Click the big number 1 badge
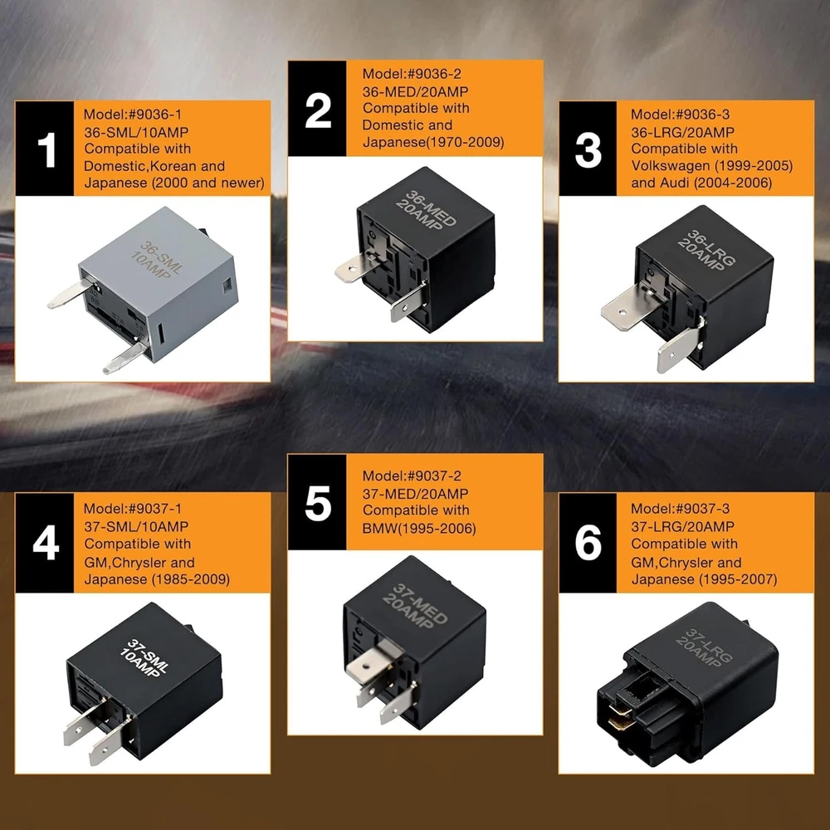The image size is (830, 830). pyautogui.click(x=45, y=149)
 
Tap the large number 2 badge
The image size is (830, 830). pyautogui.click(x=317, y=109)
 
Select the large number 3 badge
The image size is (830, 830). pyautogui.click(x=588, y=149)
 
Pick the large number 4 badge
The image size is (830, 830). pyautogui.click(x=45, y=543)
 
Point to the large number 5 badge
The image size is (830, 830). pyautogui.click(x=317, y=502)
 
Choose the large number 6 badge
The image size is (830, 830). pyautogui.click(x=588, y=543)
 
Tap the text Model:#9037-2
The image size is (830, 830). pyautogui.click(x=412, y=476)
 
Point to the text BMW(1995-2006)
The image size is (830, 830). pyautogui.click(x=418, y=528)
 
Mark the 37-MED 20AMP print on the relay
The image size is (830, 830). pyautogui.click(x=415, y=605)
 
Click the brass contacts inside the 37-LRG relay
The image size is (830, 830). pyautogui.click(x=619, y=715)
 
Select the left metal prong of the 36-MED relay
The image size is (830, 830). pyautogui.click(x=353, y=270)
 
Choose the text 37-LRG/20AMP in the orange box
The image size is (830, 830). pyautogui.click(x=682, y=527)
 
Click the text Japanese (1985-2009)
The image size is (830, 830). pyautogui.click(x=157, y=579)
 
